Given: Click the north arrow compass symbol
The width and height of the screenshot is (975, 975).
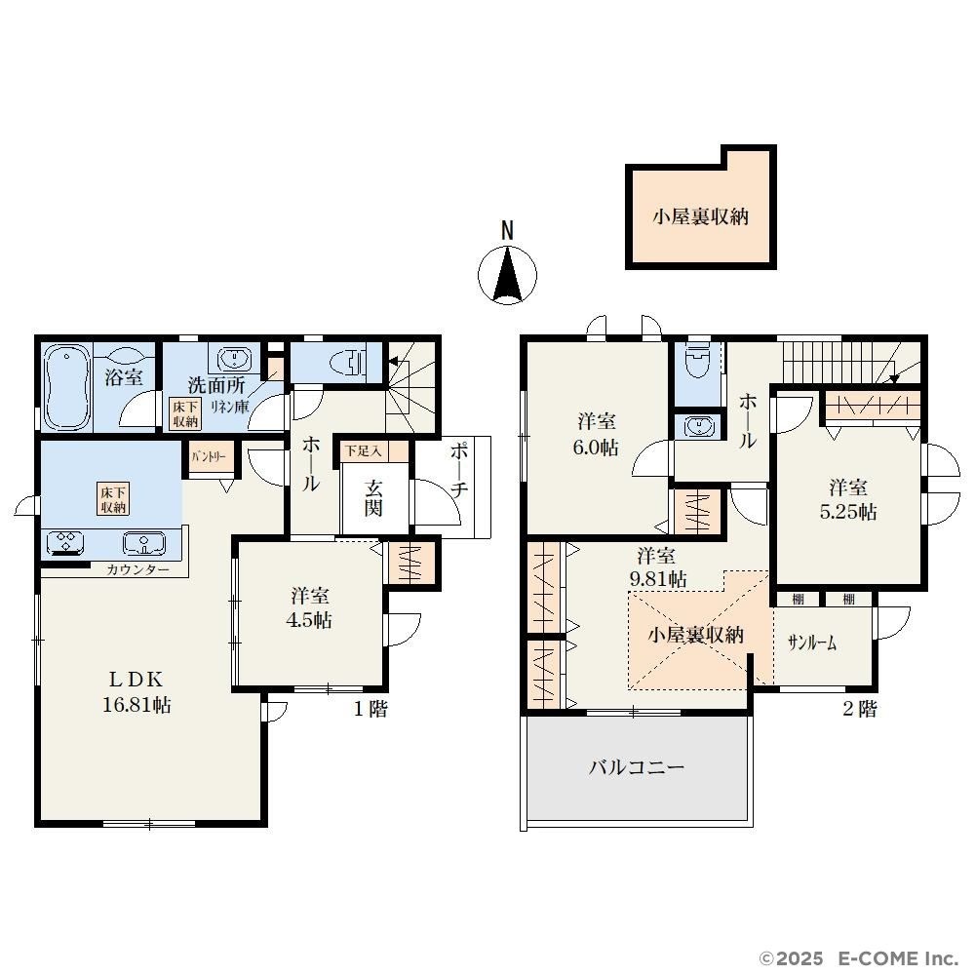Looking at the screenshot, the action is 507,274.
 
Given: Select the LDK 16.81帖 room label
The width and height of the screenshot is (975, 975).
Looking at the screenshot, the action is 136,691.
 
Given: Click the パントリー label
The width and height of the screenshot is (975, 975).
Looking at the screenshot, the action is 208,457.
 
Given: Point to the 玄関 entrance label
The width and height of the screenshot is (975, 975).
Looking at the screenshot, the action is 373,498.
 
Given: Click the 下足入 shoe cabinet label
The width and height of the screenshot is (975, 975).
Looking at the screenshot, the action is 364,450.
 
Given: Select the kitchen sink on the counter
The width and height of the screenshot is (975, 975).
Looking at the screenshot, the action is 143,543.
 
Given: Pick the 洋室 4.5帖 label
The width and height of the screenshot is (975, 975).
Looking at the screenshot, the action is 309,607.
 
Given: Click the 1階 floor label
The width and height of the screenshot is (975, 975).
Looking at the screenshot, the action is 370,708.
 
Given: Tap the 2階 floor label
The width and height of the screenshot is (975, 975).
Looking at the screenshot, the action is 860,708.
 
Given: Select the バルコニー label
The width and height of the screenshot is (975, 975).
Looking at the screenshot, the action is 637,766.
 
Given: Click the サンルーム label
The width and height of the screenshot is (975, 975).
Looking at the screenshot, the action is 811,643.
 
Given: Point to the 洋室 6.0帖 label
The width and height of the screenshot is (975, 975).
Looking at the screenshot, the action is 596,434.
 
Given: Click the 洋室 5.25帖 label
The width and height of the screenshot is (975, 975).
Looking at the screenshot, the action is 848,499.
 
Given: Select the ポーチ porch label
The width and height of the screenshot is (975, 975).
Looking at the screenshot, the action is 459,471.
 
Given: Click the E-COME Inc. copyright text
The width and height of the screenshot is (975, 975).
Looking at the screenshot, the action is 859,957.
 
